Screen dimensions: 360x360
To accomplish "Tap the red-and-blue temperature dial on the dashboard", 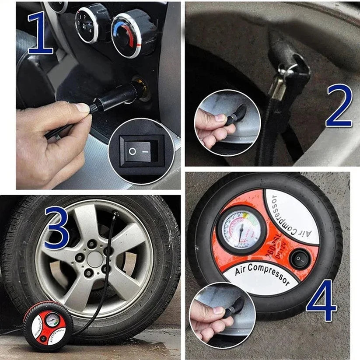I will click(127, 35).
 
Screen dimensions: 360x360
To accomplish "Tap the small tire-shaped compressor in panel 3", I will click(48, 325).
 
